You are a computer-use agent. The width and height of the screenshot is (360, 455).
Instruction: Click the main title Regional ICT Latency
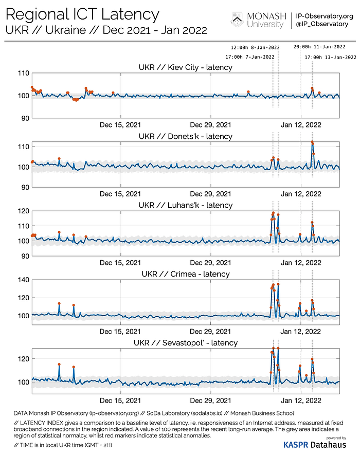pyautogui.click(x=82, y=14)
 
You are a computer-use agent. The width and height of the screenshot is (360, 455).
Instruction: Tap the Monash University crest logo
pyautogui.click(x=237, y=20)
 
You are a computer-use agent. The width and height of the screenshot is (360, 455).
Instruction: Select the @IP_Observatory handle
pyautogui.click(x=322, y=24)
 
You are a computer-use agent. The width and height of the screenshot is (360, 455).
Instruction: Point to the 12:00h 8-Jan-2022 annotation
pyautogui.click(x=253, y=46)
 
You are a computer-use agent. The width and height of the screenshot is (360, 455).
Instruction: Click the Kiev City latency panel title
pyautogui.click(x=185, y=67)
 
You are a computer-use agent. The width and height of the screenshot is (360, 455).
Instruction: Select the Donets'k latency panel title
pyautogui.click(x=185, y=136)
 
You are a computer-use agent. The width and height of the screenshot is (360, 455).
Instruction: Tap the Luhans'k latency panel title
pyautogui.click(x=185, y=205)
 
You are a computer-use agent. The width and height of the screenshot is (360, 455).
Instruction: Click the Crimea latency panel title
pyautogui.click(x=185, y=274)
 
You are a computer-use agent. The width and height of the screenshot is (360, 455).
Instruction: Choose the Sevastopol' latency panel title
pyautogui.click(x=185, y=343)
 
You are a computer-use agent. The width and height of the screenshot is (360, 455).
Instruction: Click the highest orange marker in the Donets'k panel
pyautogui.click(x=312, y=142)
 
